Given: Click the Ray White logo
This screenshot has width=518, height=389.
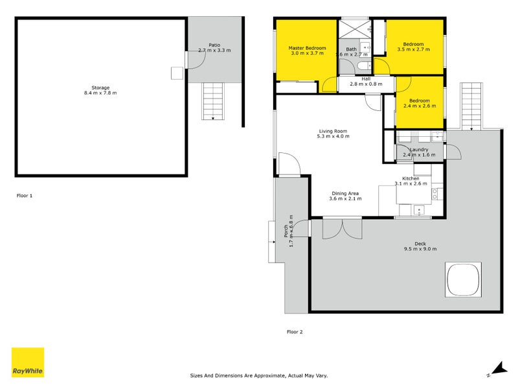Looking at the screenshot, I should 28,362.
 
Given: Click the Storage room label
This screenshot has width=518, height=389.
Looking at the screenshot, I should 100,88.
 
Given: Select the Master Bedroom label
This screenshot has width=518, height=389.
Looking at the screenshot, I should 307,48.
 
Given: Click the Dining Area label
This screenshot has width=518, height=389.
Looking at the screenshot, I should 344,193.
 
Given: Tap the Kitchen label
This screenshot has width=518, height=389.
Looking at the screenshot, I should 411,178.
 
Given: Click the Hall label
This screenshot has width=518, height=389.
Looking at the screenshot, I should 366,78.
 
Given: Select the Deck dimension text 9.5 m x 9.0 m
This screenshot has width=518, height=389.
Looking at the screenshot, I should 421,249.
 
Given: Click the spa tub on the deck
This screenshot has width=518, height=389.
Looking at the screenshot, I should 462,279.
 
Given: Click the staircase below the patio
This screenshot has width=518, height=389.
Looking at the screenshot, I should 213,101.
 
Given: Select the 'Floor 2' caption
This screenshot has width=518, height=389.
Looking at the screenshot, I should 295,331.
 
